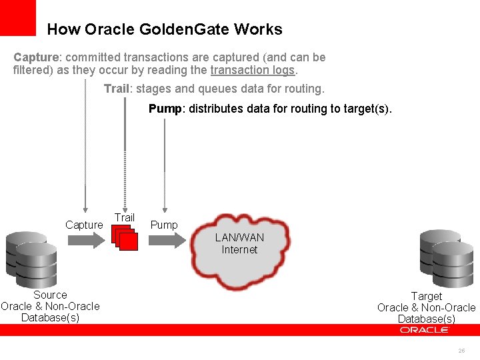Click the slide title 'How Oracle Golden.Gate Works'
165,29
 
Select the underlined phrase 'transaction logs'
253,70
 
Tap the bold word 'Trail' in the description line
116,89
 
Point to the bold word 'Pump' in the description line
165,109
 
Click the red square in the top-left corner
17,17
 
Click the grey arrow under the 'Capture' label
83,241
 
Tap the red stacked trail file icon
125,238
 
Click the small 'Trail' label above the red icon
125,217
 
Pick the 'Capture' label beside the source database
84,225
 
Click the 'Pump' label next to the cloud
164,225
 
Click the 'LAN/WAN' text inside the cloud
239,238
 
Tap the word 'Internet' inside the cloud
239,250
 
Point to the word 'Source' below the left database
50,295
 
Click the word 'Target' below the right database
427,296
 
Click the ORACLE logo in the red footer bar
425,330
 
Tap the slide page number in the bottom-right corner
461,351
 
